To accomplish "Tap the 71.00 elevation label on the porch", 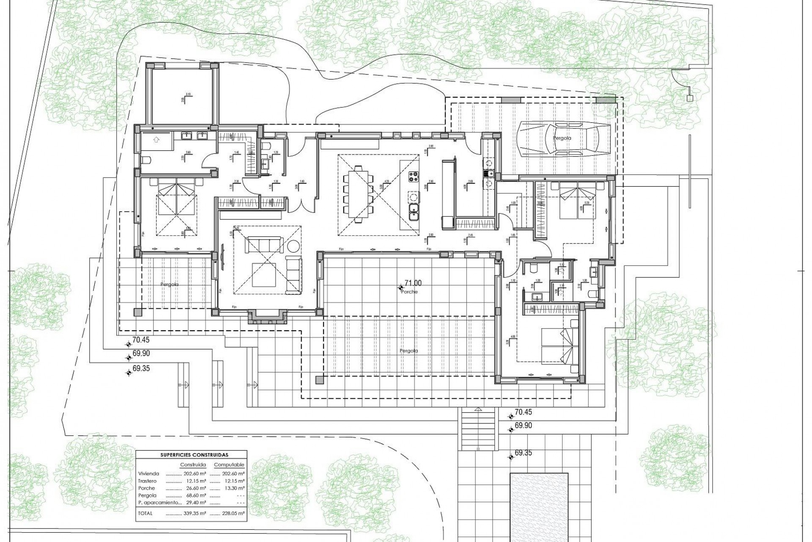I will point(413,283).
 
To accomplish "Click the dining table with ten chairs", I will point(359,194).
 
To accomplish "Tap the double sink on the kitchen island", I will point(414,212).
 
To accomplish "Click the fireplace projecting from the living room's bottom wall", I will point(268,317).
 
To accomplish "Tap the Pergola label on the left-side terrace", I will point(169,285).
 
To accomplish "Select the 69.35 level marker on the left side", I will point(141,369).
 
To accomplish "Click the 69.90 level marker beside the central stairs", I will point(523,426).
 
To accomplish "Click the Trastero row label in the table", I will point(147,481).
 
